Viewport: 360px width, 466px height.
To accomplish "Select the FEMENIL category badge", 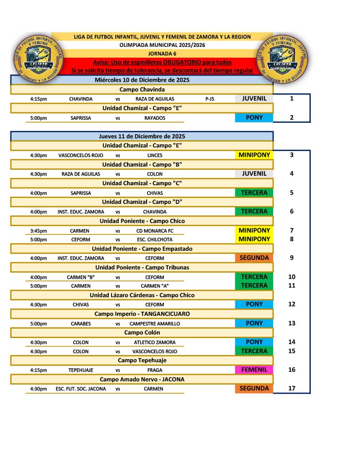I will [x=254, y=370].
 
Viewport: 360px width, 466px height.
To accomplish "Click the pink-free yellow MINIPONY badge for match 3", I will [x=254, y=155].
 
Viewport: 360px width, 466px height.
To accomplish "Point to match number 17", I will [x=292, y=389].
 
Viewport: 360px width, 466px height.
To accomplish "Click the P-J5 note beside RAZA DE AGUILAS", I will [x=210, y=99].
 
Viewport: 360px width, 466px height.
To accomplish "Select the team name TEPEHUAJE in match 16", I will [x=81, y=370].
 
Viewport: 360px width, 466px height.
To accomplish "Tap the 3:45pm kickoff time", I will [x=38, y=231].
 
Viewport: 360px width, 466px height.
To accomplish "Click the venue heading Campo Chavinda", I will [x=142, y=89].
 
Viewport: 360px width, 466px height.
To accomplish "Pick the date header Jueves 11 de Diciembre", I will [x=142, y=136].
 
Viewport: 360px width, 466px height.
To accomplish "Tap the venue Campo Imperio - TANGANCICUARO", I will [x=142, y=314].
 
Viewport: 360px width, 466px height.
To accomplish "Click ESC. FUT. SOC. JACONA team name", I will [x=81, y=389].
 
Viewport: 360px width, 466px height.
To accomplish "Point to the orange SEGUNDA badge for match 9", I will [x=254, y=258].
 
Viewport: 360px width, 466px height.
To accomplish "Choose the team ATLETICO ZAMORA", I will [x=154, y=342].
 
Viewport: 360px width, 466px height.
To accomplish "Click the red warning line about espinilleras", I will [x=162, y=62].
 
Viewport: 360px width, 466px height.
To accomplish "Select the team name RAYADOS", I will [x=154, y=118].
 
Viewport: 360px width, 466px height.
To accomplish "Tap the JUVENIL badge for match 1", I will [x=254, y=98].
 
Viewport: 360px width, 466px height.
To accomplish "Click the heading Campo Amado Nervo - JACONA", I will [x=142, y=379].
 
